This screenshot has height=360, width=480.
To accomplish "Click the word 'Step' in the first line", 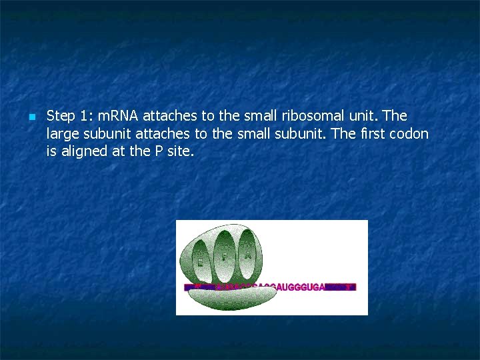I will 61,117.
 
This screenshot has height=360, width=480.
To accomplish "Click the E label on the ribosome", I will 200,262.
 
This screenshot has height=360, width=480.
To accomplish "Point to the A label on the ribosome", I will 247,254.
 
